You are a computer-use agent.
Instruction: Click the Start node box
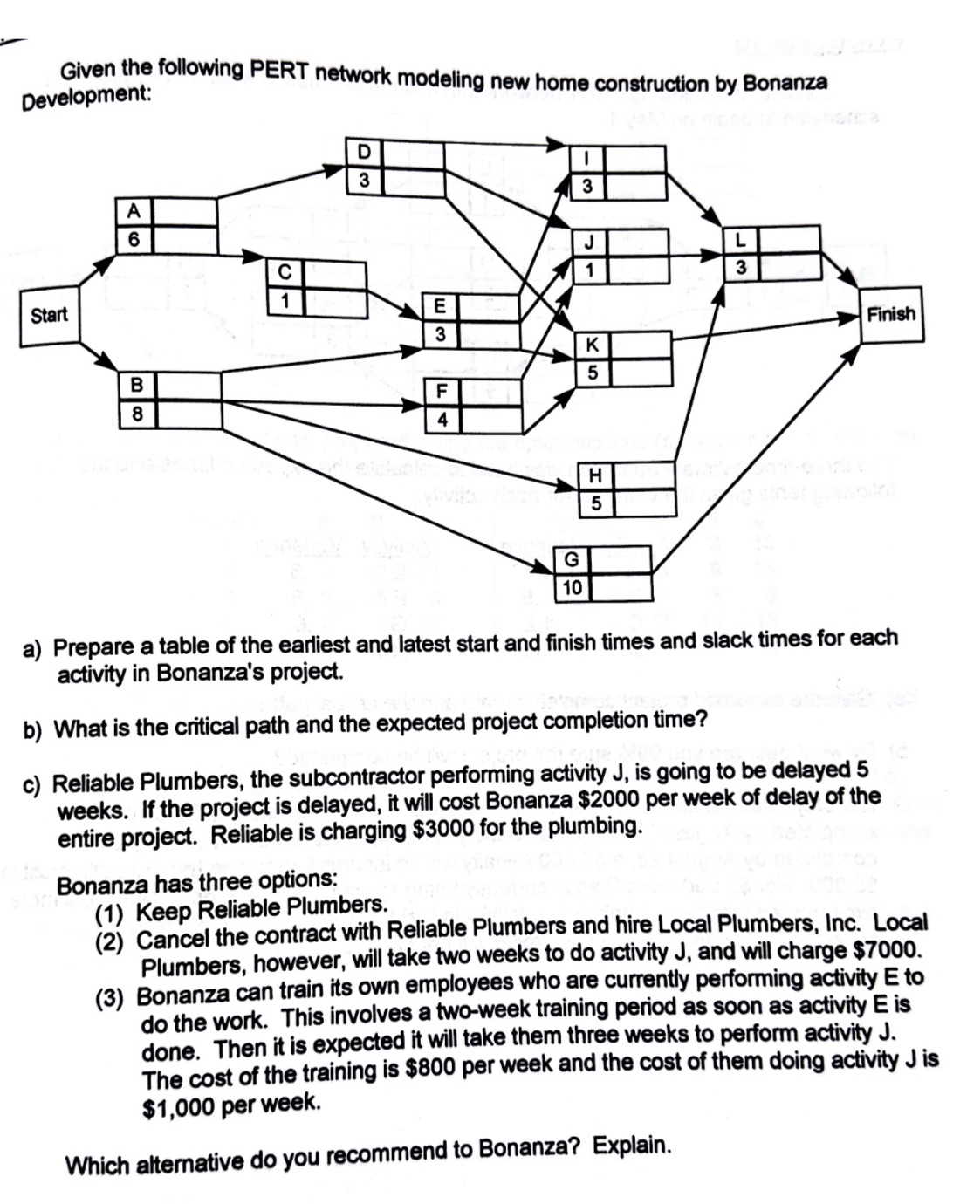[x=49, y=315]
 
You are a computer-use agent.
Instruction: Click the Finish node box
[x=890, y=314]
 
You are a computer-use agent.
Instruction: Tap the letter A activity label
[x=134, y=210]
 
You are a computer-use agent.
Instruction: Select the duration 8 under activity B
[x=137, y=414]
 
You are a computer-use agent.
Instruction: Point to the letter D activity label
[x=365, y=151]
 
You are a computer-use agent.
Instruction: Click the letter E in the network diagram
[x=440, y=305]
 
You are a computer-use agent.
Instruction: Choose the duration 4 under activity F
[x=442, y=419]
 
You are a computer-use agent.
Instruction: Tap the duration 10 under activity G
[x=572, y=587]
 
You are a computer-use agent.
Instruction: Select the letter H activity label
[x=596, y=475]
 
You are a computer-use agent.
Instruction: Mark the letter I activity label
[x=588, y=158]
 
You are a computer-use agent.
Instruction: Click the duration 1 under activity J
[x=589, y=270]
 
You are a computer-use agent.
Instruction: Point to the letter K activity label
[x=592, y=345]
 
